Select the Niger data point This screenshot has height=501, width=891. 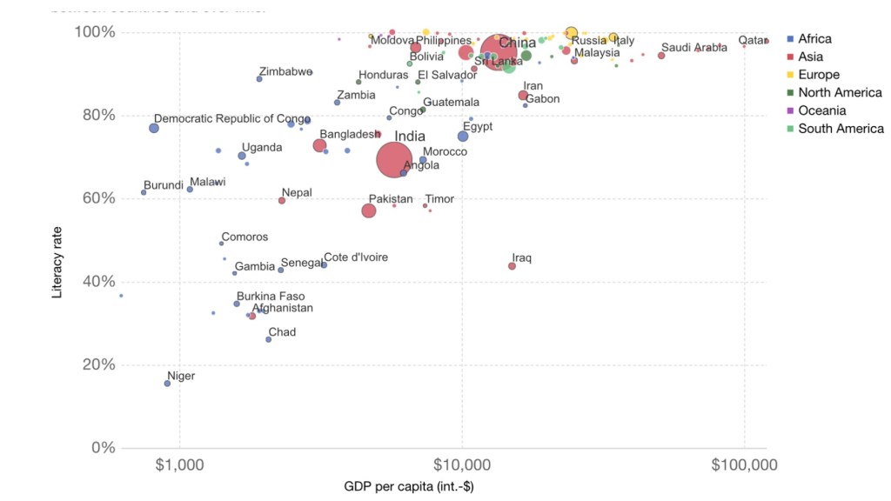pyautogui.click(x=168, y=384)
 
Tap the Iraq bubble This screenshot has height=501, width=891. pyautogui.click(x=512, y=266)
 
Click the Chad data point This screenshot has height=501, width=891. pyautogui.click(x=269, y=339)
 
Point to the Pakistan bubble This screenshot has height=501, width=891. pyautogui.click(x=369, y=210)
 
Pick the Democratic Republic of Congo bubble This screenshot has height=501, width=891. pyautogui.click(x=154, y=128)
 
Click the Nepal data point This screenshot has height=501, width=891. pyautogui.click(x=282, y=200)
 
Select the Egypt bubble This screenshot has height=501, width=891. pyautogui.click(x=463, y=137)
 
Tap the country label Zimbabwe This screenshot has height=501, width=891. pyautogui.click(x=285, y=72)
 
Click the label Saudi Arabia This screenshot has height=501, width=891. pyautogui.click(x=693, y=48)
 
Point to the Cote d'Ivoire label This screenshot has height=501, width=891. pyautogui.click(x=356, y=257)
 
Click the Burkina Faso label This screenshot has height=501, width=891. pyautogui.click(x=271, y=297)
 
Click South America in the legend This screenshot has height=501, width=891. pyautogui.click(x=841, y=129)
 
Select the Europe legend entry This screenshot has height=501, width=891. pyautogui.click(x=819, y=75)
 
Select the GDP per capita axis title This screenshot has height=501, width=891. pyautogui.click(x=408, y=486)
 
